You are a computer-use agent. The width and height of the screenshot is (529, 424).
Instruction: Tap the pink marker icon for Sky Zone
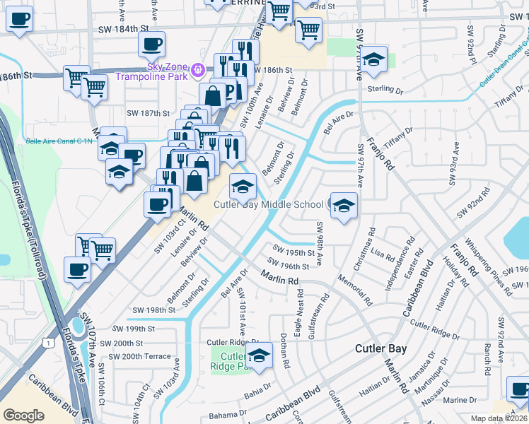point(198,70)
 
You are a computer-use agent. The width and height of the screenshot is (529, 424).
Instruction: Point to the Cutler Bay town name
point(380,349)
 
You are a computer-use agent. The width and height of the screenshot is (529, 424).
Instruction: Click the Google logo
point(23,416)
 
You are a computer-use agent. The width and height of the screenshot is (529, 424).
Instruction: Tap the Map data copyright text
point(498,418)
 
